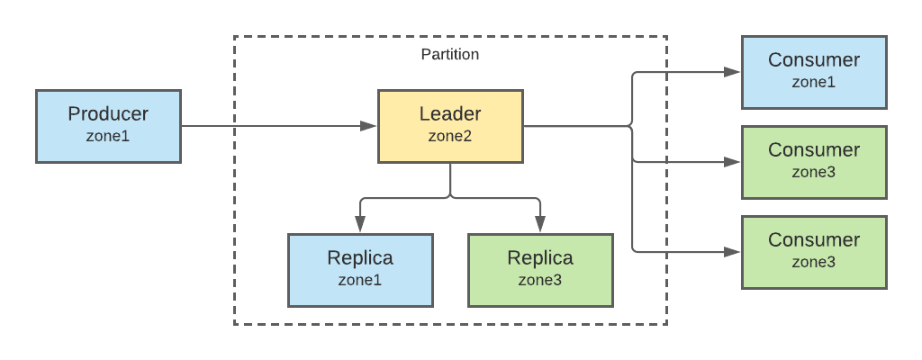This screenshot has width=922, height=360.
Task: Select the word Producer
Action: click(x=108, y=114)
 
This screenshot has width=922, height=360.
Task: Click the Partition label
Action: click(x=450, y=54)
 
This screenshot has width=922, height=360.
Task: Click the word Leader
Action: click(x=450, y=114)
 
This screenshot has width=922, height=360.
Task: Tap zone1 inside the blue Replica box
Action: click(x=360, y=280)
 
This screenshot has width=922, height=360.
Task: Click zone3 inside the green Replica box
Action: click(x=540, y=280)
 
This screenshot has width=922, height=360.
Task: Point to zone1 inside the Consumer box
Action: click(x=814, y=82)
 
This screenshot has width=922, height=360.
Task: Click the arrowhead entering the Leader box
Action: click(x=368, y=126)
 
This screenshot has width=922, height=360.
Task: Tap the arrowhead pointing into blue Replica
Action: click(x=360, y=226)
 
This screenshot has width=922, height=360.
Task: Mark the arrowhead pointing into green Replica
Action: click(x=540, y=226)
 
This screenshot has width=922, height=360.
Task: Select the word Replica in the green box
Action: click(x=540, y=258)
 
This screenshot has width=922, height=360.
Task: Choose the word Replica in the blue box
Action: click(x=360, y=258)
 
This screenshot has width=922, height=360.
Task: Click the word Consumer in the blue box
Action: click(x=814, y=60)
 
